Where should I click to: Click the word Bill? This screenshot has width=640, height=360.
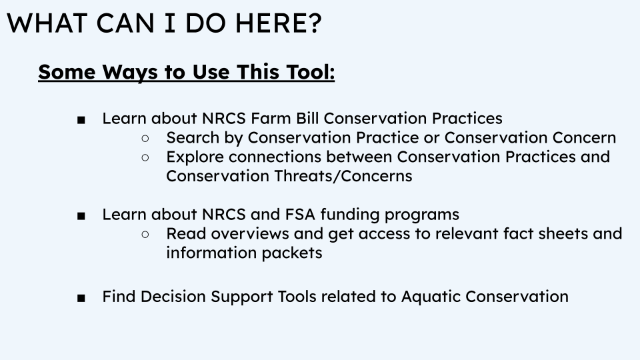click(x=307, y=119)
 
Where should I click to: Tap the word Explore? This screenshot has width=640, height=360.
click(x=195, y=157)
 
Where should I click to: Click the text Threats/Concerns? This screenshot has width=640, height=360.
click(x=343, y=176)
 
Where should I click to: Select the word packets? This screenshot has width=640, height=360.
click(x=292, y=253)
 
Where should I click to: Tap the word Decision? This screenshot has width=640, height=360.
click(x=173, y=296)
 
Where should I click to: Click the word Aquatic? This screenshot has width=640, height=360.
click(x=431, y=297)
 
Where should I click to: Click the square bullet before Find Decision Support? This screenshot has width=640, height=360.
click(x=81, y=299)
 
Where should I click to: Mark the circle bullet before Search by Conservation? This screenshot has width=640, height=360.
click(x=145, y=139)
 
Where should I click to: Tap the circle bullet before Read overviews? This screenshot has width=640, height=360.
click(x=145, y=234)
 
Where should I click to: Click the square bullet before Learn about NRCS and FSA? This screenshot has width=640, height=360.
click(x=81, y=216)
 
